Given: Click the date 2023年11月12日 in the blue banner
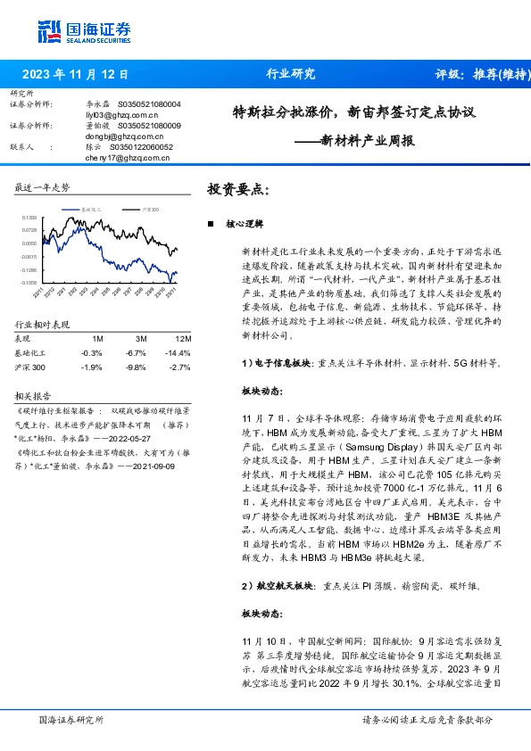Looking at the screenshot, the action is (x=75, y=74).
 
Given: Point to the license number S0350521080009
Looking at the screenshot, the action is (x=148, y=126).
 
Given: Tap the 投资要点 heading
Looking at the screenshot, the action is (x=236, y=190).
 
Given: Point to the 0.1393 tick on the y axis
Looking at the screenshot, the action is (x=29, y=218).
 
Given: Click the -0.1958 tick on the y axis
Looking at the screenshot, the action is (x=29, y=282).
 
